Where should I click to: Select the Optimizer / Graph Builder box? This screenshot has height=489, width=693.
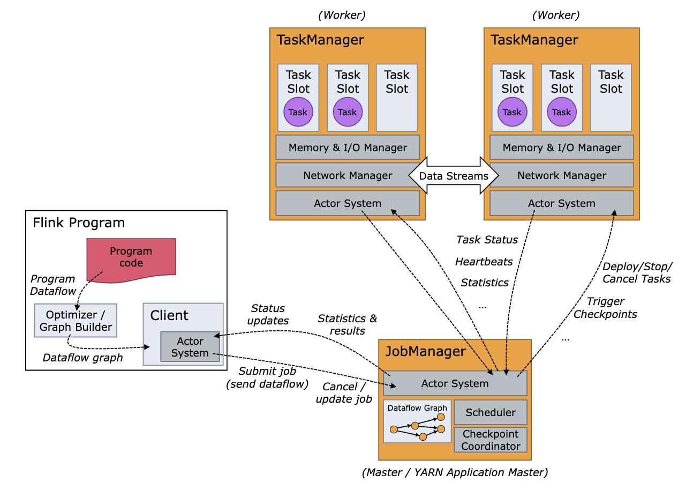click(x=76, y=321)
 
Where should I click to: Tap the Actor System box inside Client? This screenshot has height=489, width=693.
click(x=190, y=347)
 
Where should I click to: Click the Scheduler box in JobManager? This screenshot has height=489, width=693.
click(x=491, y=412)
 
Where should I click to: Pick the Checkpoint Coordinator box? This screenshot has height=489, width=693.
click(x=491, y=440)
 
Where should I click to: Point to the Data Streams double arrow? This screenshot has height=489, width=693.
click(x=454, y=175)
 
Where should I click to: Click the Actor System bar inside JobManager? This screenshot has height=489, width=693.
click(x=455, y=383)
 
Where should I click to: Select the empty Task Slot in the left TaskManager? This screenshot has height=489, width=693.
click(x=397, y=98)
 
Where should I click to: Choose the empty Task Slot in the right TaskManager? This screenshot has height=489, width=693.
click(x=611, y=98)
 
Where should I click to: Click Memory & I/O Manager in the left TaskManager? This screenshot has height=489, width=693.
click(x=348, y=147)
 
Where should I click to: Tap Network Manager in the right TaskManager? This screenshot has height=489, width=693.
click(x=562, y=175)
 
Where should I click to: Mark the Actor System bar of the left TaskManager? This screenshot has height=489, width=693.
click(x=348, y=203)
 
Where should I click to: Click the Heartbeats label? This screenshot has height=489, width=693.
click(x=484, y=262)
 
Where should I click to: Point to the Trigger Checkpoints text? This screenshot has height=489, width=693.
click(x=605, y=308)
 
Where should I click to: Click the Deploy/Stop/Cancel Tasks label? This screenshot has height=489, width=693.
click(x=637, y=272)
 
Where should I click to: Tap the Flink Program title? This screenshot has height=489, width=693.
click(x=79, y=223)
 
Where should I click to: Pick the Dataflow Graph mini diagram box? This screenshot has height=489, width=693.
click(x=417, y=421)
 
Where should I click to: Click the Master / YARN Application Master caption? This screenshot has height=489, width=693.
click(x=455, y=473)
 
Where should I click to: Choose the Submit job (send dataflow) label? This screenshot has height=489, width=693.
click(x=267, y=377)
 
